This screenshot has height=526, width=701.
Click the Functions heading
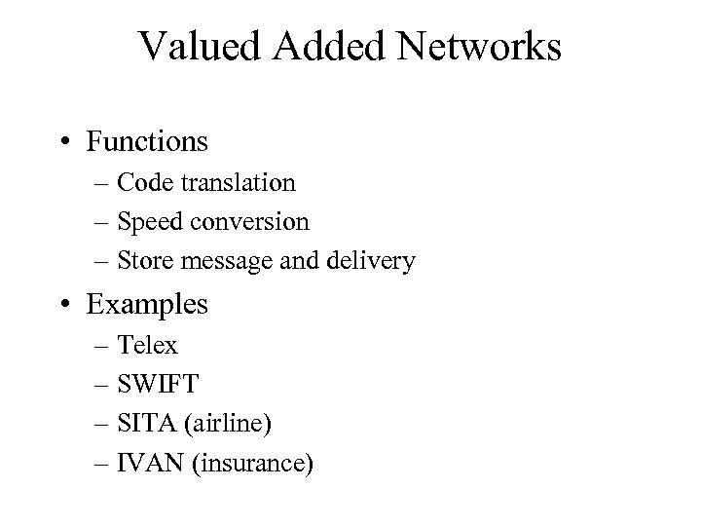tap(147, 142)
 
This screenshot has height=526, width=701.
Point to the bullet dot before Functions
tap(63, 143)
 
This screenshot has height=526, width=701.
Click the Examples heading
tap(147, 304)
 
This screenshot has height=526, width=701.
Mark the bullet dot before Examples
tap(63, 305)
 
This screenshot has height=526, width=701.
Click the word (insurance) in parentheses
tap(254, 464)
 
